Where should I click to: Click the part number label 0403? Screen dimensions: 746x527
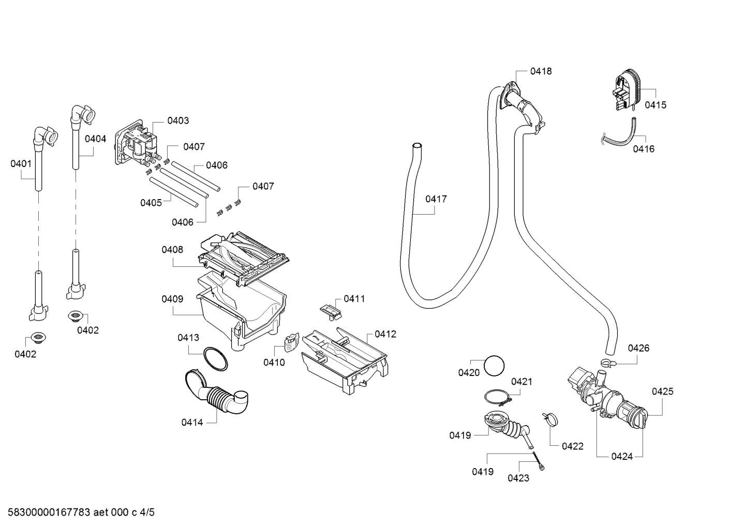point(178,121)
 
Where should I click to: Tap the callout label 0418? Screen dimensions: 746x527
point(541,71)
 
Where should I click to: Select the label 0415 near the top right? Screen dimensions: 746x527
point(655,105)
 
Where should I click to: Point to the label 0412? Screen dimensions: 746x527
point(385,334)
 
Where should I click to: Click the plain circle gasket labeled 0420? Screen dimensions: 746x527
point(494,366)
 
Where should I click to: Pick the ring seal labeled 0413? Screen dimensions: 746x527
point(216,359)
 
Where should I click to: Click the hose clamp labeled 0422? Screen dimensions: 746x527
point(550,419)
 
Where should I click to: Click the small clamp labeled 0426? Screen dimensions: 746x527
point(608,363)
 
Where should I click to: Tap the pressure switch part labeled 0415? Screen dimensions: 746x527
point(628,90)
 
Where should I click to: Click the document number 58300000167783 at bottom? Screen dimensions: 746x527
point(49,513)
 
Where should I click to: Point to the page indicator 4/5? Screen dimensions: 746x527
point(147,513)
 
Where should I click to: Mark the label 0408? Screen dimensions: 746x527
point(172,250)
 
